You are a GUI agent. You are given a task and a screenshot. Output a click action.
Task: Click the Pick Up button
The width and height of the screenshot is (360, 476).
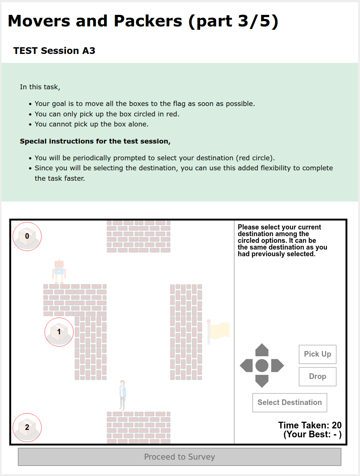pyautogui.click(x=317, y=354)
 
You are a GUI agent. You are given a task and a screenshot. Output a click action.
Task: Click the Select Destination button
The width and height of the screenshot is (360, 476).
pyautogui.click(x=289, y=402)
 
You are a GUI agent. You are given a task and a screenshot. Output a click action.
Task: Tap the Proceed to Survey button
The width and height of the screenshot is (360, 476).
pyautogui.click(x=179, y=457)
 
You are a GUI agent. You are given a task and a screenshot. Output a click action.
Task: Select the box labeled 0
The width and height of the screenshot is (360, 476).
pyautogui.click(x=27, y=237)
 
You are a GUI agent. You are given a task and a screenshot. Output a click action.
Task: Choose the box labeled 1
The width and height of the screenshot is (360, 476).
pyautogui.click(x=59, y=332)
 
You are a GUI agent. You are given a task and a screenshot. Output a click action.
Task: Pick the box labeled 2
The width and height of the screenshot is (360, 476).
pyautogui.click(x=27, y=428)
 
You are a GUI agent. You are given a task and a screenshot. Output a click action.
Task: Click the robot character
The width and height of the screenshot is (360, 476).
pyautogui.click(x=59, y=271)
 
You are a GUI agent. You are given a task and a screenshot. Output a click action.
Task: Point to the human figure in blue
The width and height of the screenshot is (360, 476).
pyautogui.click(x=122, y=394)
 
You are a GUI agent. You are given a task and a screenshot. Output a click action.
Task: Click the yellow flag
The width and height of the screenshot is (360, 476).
pyautogui.click(x=219, y=331)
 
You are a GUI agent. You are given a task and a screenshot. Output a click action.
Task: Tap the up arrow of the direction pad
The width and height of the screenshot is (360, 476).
pyautogui.click(x=262, y=350)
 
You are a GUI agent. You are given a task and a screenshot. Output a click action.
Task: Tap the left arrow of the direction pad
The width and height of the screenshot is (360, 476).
pyautogui.click(x=246, y=366)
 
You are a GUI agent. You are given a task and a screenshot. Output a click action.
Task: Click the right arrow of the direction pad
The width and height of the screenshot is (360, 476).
pyautogui.click(x=278, y=366)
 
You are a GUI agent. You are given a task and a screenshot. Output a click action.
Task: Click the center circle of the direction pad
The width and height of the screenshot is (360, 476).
pyautogui.click(x=262, y=366)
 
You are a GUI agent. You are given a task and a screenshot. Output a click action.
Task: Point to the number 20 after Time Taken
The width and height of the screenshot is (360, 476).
pyautogui.click(x=337, y=425)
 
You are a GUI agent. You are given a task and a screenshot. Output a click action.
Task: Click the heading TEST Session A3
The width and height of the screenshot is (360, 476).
pyautogui.click(x=54, y=51)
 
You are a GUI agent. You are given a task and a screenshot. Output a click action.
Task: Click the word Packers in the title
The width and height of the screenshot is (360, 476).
pyautogui.click(x=148, y=21)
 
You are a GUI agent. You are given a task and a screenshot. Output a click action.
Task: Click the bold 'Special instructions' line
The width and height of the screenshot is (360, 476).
pyautogui.click(x=95, y=141)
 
